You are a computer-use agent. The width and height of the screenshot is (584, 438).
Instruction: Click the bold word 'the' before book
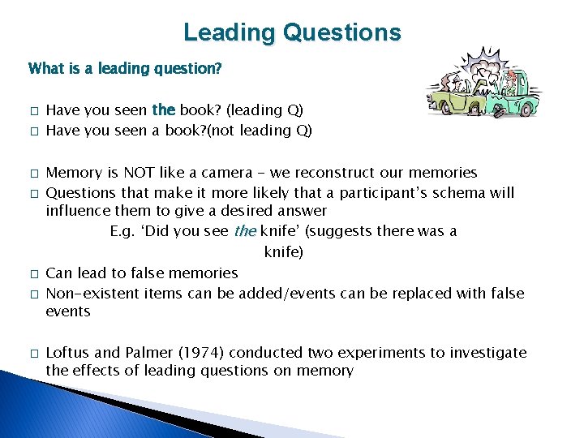pos(164,109)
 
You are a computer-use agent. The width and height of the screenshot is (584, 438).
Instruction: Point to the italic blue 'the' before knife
pos(245,231)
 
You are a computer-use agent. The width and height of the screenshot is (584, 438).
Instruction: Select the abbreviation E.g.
pos(124,231)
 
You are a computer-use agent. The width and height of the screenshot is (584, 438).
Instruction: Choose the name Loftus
pos(71,353)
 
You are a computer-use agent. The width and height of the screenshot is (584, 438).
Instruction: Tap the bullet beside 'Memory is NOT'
pos(32,174)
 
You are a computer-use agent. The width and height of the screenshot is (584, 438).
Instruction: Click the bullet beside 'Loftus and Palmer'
pos(32,354)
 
